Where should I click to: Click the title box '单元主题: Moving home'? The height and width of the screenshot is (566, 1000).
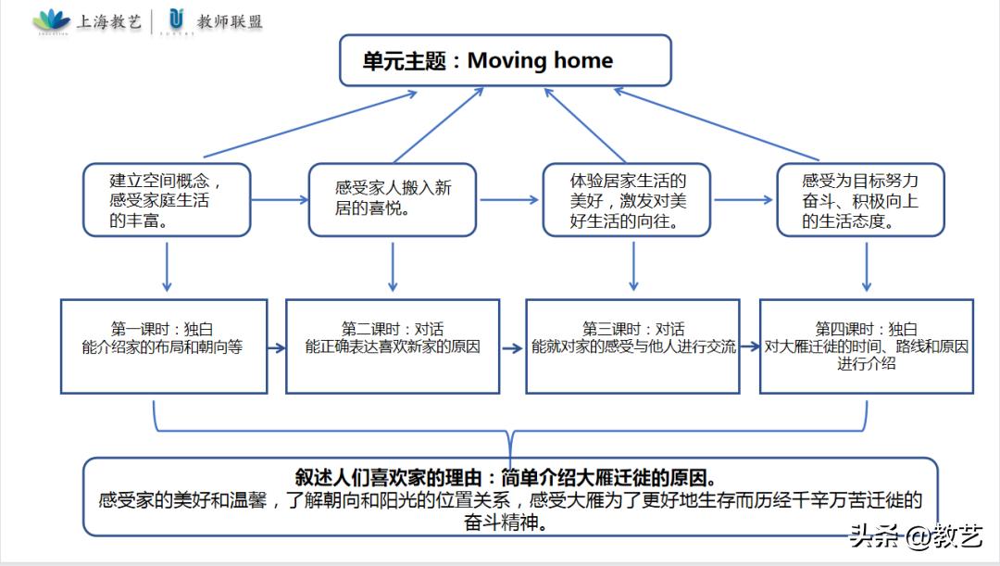505,61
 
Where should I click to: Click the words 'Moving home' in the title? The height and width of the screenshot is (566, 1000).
540,61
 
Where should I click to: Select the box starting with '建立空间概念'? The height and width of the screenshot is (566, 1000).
166,199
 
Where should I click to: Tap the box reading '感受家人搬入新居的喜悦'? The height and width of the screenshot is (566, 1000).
393,199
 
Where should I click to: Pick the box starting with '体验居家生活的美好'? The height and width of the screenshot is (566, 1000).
627,199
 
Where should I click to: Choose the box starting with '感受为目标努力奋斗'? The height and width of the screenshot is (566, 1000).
860,199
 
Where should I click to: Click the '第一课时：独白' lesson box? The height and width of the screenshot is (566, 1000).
163,346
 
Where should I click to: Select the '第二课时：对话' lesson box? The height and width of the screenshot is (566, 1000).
393,346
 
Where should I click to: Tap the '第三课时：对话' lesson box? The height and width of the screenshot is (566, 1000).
633,346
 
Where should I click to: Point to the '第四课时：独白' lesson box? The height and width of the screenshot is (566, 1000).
866,346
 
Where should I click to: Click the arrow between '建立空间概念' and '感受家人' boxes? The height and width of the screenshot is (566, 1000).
280,199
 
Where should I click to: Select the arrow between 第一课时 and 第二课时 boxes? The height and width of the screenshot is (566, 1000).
276,347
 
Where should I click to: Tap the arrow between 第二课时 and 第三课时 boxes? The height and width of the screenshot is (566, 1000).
512,348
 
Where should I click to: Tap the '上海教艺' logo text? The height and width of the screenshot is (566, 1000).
107,21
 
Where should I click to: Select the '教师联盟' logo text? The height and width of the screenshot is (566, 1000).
230,21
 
